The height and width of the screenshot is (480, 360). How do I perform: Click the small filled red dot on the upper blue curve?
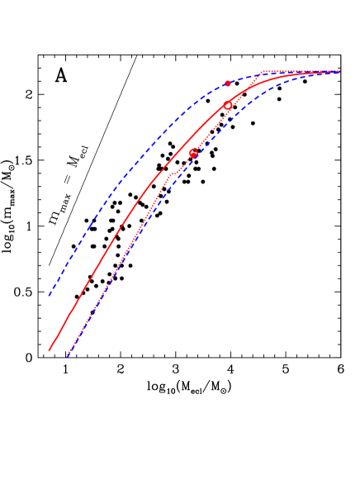click(x=228, y=83)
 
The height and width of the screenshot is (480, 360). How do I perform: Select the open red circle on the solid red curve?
click(x=228, y=105)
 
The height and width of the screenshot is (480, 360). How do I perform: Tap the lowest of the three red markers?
click(x=193, y=154)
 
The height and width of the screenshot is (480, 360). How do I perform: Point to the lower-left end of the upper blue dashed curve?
click(x=49, y=295)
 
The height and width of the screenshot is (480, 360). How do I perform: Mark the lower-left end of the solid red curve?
click(x=50, y=350)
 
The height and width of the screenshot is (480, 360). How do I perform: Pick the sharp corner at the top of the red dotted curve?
click(x=263, y=73)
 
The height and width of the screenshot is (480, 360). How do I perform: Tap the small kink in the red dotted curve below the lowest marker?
click(x=171, y=174)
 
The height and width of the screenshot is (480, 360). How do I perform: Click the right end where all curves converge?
click(x=339, y=72)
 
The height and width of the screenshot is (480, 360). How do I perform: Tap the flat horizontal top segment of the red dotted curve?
click(x=297, y=73)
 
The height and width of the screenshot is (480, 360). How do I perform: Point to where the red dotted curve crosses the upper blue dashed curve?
click(x=257, y=77)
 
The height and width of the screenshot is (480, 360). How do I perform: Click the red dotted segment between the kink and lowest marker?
click(x=182, y=165)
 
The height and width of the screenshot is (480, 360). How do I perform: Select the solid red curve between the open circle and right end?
click(x=281, y=80)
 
